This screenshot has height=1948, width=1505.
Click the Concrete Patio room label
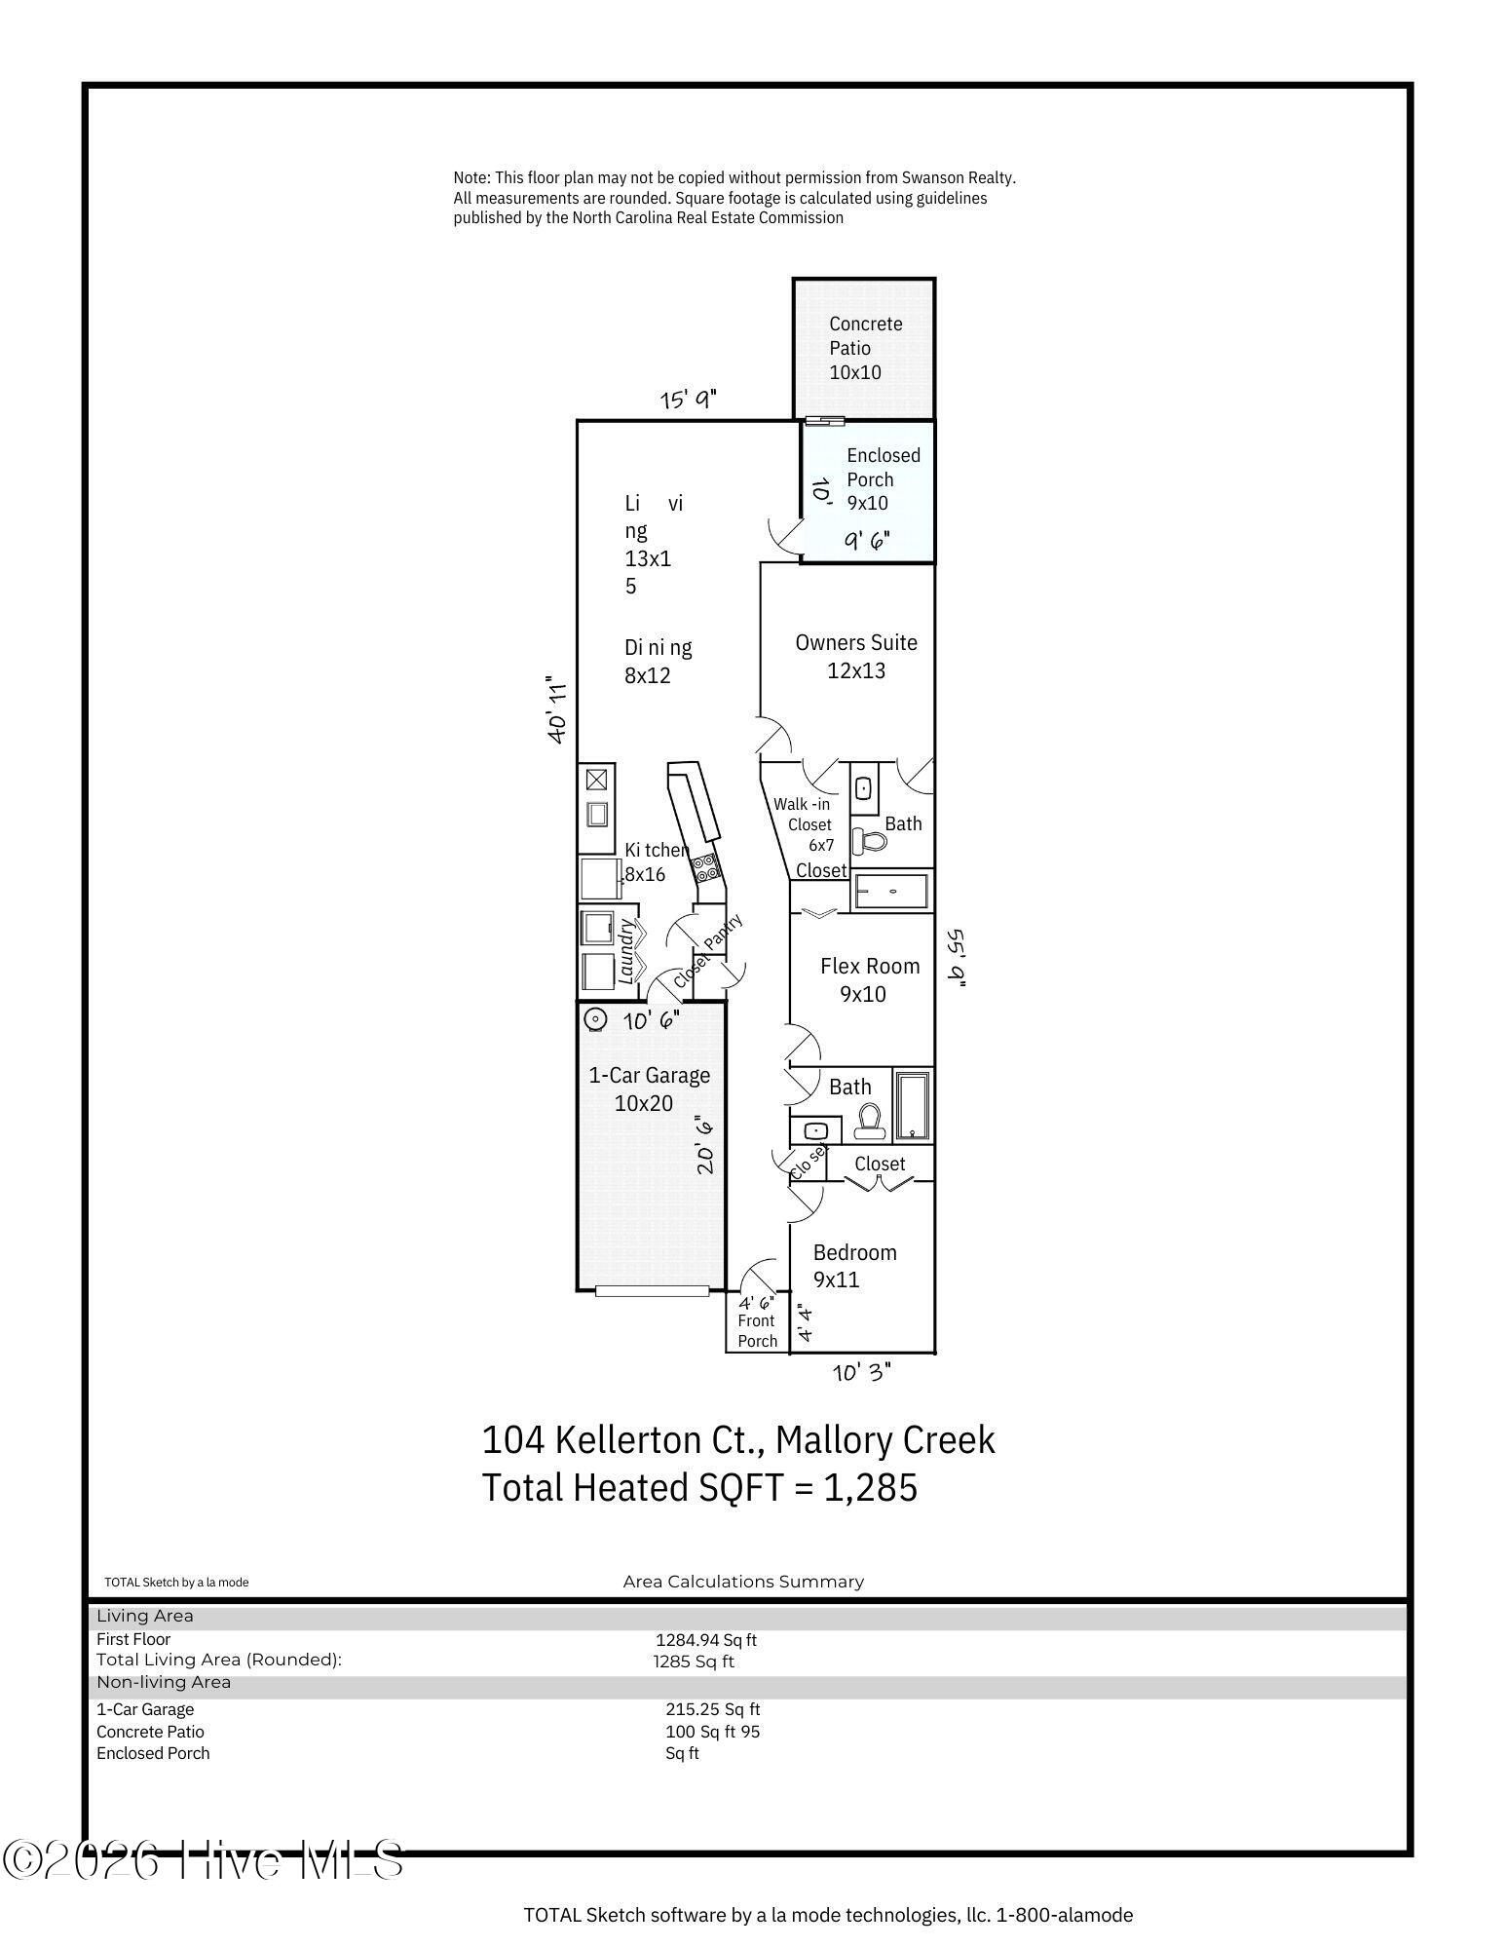pos(866,348)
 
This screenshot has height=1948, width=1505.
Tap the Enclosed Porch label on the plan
pos(883,479)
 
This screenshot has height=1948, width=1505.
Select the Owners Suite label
pos(856,656)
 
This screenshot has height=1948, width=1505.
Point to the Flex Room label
pos(869,979)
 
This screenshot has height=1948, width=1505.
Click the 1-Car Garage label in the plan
pos(649,1089)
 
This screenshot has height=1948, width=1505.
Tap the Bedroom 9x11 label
pos(854,1266)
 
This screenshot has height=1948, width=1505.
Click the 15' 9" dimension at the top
pos(688,400)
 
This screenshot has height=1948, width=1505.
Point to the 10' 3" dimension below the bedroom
pos(861,1372)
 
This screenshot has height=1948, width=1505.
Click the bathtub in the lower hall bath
pos(913,1106)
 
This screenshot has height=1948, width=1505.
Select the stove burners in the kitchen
pos(704,863)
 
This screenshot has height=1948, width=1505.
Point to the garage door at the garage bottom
pos(652,1291)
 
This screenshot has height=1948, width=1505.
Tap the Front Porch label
pos(757,1331)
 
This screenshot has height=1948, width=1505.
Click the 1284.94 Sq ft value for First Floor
pos(706,1640)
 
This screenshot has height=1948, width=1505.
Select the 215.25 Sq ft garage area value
pos(713,1709)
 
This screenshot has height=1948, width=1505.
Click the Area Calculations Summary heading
pos(743,1582)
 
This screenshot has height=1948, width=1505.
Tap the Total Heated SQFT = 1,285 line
pos(699,1488)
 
